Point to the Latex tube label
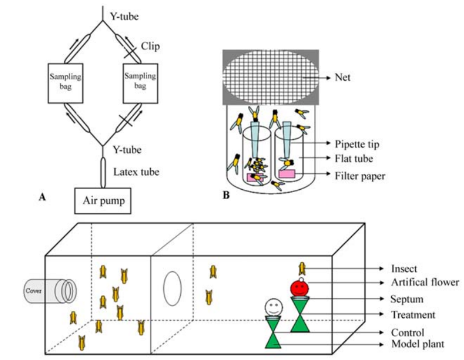(x=136, y=172)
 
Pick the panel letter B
(x=226, y=195)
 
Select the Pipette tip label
(x=357, y=144)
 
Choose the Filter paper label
(x=360, y=176)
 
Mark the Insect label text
(x=404, y=268)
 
